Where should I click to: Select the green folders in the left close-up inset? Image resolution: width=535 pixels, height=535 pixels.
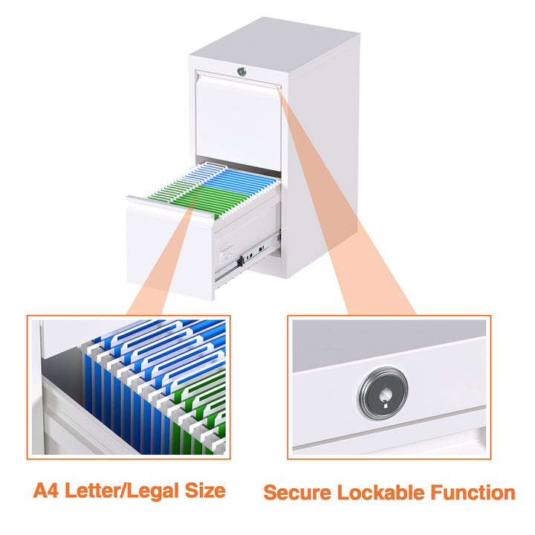coord(197,424)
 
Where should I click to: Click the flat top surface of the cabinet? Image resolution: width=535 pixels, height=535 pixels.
coord(275,41)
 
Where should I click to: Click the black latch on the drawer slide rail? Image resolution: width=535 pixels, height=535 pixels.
coord(239,262)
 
